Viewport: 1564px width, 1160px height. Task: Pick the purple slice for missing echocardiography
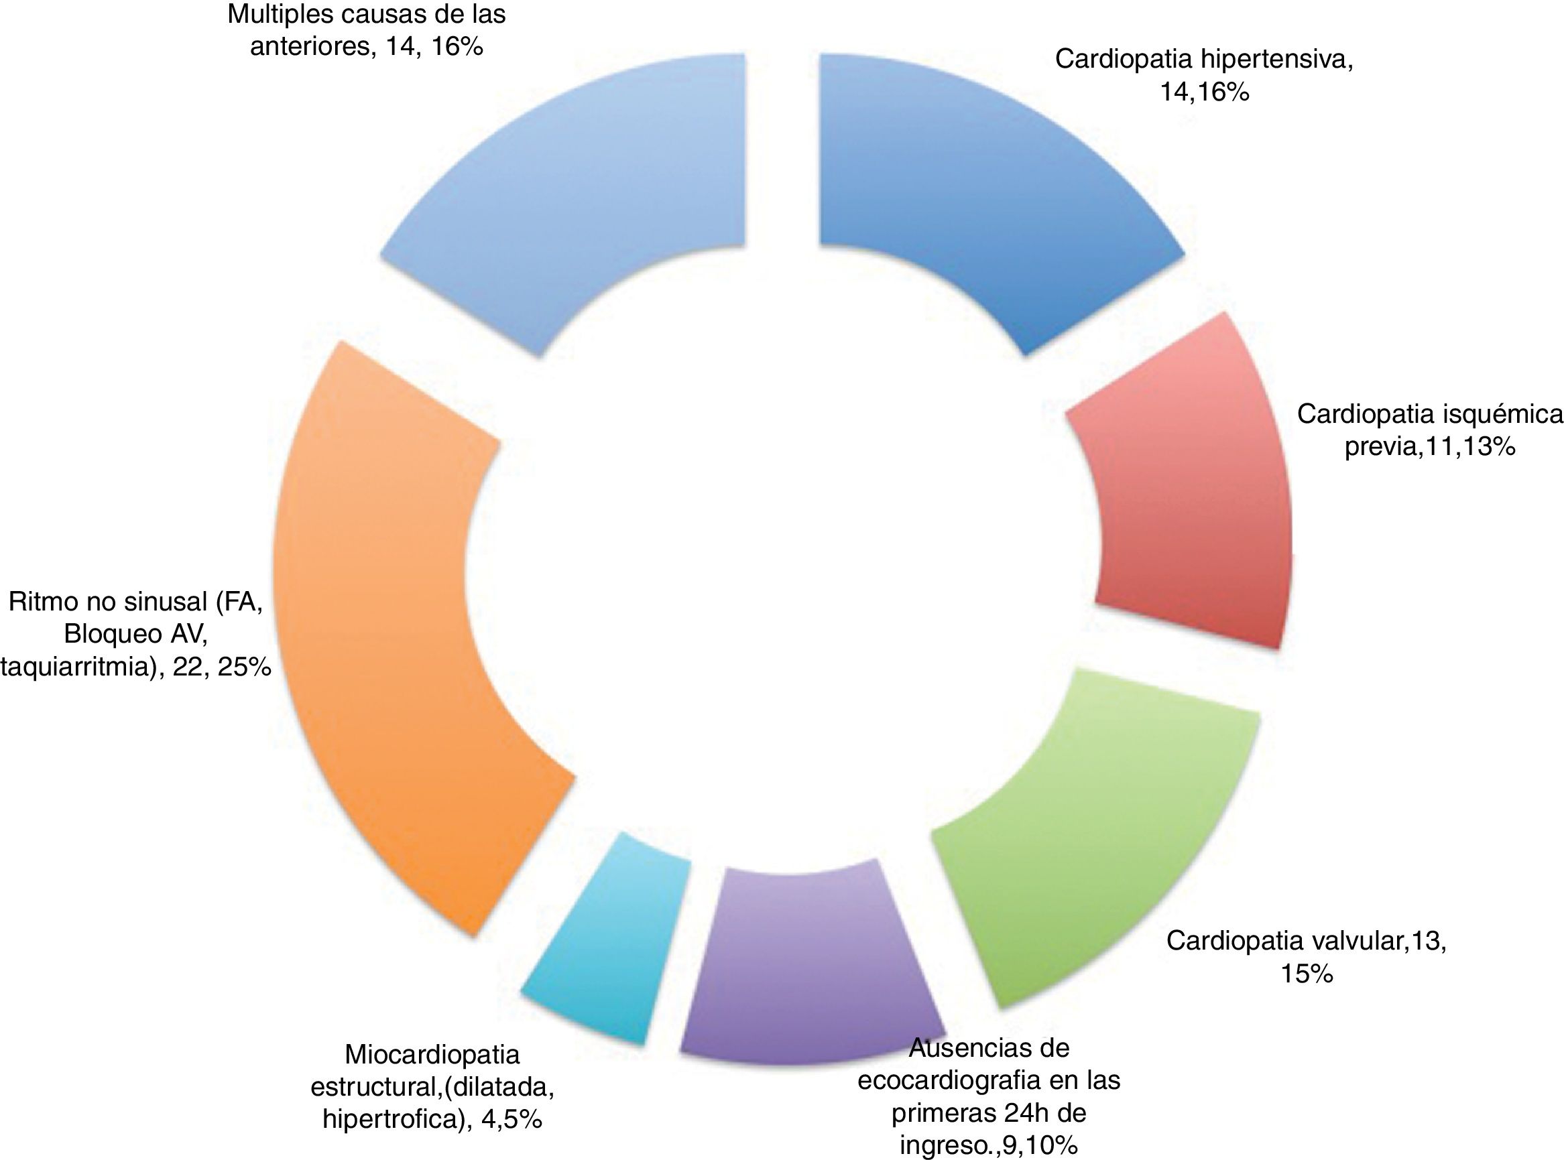coord(808,969)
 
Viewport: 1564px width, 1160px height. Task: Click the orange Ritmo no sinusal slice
coord(394,632)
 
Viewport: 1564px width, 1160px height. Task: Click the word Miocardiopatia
coord(432,1055)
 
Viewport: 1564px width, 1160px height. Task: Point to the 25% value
coord(244,667)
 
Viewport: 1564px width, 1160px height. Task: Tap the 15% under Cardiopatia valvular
coord(1307,974)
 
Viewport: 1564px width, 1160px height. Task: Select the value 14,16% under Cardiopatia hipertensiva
coord(1204,92)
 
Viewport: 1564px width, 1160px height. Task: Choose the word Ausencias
coord(988,1047)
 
